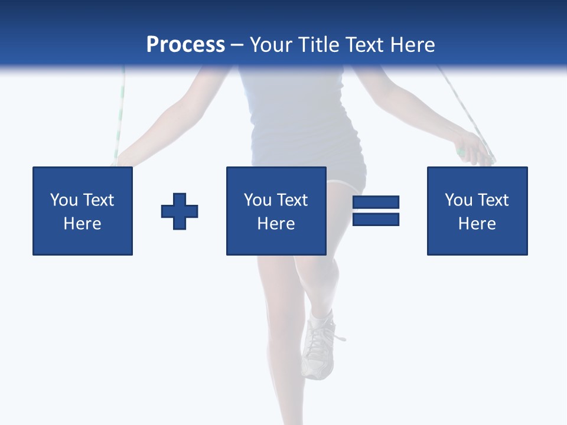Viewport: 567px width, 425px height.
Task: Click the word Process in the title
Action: [185, 45]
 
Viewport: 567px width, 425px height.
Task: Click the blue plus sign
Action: [180, 211]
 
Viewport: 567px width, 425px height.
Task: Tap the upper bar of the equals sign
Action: [376, 202]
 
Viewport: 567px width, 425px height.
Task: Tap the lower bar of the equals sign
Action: [376, 219]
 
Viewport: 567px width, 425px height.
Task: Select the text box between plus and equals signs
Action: [276, 211]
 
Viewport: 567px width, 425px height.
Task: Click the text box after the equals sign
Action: [477, 211]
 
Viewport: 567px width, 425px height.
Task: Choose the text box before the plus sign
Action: [82, 211]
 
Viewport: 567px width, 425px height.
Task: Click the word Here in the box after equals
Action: [477, 224]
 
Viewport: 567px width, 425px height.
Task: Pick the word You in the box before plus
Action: [64, 200]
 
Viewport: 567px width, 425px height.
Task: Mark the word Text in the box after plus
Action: [293, 200]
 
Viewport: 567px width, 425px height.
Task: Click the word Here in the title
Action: [413, 45]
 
